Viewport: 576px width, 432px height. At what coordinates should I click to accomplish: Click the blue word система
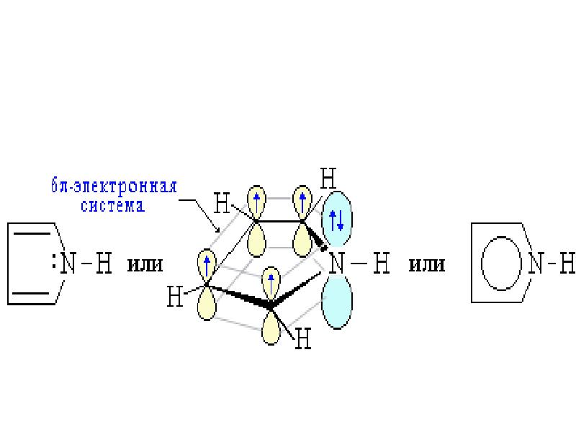click(113, 206)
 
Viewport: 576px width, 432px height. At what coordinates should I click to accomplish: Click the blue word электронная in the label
click(125, 186)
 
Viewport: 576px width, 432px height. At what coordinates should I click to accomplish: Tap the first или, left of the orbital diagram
click(145, 265)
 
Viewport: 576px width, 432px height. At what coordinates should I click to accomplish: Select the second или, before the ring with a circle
click(427, 265)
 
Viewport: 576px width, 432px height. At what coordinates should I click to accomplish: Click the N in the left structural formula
click(68, 264)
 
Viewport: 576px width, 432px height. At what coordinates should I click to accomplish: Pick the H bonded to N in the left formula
click(104, 264)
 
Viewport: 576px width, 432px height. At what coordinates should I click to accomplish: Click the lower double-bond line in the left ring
click(32, 294)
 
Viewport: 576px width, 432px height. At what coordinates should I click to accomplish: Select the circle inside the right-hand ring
click(481, 264)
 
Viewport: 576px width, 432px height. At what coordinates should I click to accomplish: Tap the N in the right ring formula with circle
click(536, 264)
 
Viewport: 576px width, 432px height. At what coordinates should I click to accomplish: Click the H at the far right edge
click(567, 264)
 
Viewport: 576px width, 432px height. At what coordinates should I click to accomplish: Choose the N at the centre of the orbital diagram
click(337, 264)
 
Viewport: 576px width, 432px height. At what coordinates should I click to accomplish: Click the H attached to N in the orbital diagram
click(382, 264)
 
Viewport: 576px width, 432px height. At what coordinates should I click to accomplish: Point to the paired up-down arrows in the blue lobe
click(336, 220)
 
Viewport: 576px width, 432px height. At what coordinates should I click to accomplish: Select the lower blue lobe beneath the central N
click(337, 301)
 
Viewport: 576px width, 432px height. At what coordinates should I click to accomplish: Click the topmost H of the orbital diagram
click(328, 179)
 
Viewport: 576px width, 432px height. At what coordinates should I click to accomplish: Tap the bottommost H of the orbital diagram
click(303, 338)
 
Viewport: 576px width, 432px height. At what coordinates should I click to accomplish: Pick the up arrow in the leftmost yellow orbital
click(207, 266)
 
